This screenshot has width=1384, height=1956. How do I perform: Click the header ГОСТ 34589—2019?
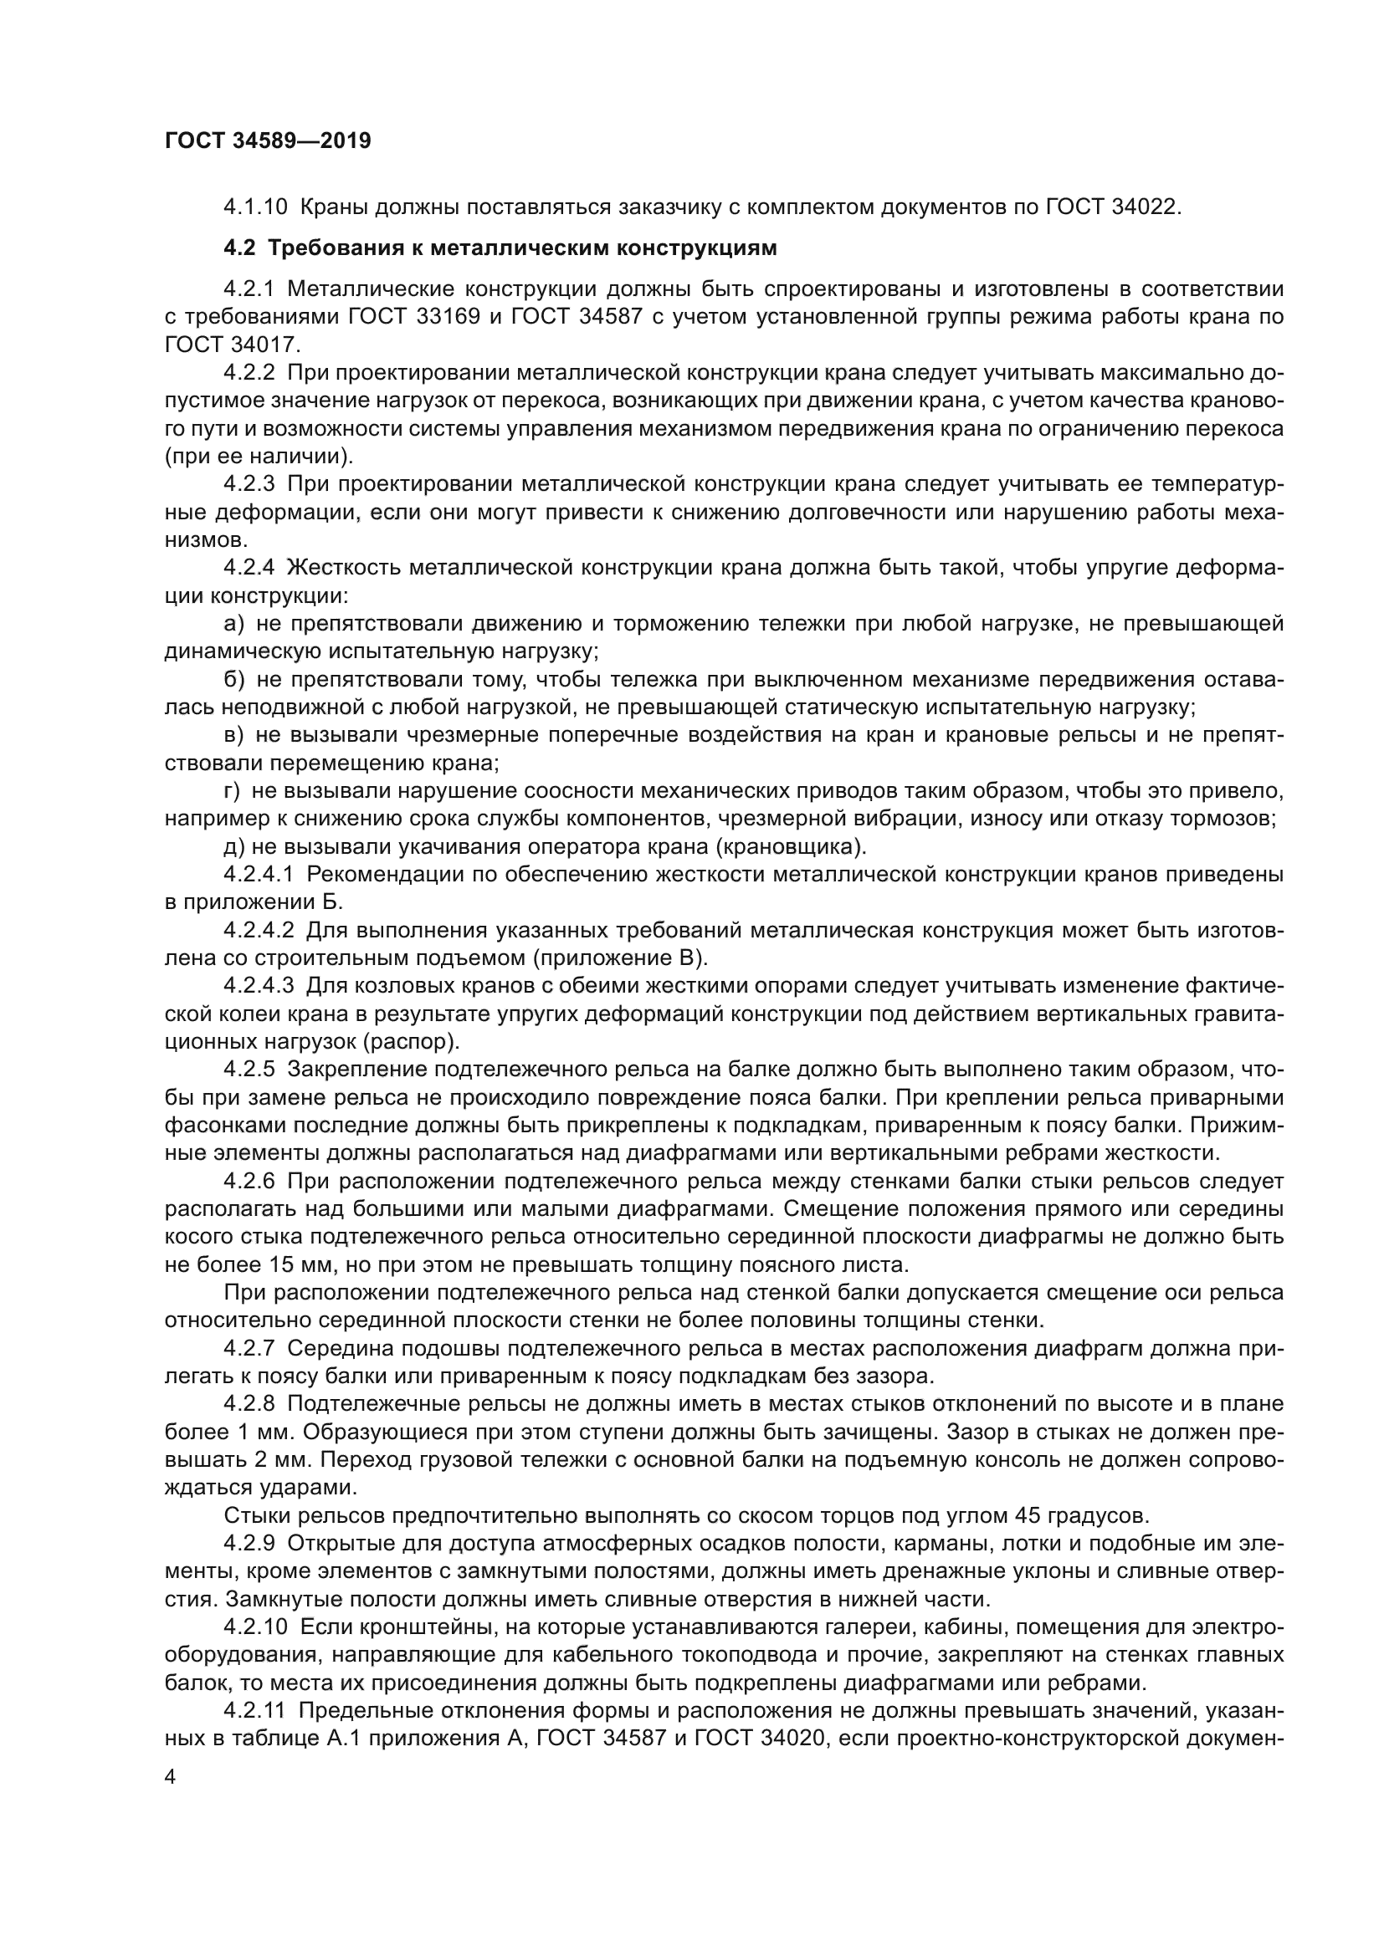pos(268,140)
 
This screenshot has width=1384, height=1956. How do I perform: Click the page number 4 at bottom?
pos(171,1777)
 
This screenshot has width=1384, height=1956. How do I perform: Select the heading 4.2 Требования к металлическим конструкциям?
pos(500,248)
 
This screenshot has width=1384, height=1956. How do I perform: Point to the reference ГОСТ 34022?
pos(1112,207)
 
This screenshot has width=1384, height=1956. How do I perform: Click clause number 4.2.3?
pos(249,484)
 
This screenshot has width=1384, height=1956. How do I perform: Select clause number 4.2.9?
pos(249,1543)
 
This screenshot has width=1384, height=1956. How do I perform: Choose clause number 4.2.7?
pos(249,1348)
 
